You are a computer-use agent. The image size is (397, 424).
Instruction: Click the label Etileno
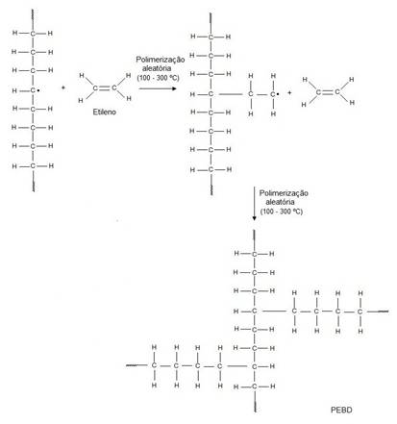click(104, 112)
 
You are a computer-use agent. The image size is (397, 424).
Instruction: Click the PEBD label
click(341, 410)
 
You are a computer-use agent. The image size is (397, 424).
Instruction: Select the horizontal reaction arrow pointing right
click(158, 88)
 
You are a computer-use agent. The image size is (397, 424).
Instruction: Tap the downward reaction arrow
click(254, 204)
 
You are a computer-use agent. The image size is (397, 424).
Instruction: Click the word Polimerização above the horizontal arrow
click(161, 60)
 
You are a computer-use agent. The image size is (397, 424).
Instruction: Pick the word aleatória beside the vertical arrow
click(280, 202)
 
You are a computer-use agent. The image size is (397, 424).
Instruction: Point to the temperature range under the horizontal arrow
click(158, 78)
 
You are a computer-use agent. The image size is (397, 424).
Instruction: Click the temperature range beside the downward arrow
click(282, 212)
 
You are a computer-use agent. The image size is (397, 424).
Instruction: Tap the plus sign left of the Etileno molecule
click(63, 87)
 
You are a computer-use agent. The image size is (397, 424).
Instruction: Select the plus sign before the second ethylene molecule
click(289, 92)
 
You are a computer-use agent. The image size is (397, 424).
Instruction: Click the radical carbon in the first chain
click(33, 90)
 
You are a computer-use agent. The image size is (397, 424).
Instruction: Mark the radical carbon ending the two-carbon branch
click(273, 94)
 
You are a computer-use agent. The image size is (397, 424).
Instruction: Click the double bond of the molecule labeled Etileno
click(105, 87)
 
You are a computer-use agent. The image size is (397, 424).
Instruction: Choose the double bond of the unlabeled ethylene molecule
click(328, 92)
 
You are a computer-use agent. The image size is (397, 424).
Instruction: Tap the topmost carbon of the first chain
click(33, 34)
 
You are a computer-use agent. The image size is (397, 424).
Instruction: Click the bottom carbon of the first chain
click(33, 166)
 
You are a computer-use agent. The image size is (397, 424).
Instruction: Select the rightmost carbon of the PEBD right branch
click(360, 312)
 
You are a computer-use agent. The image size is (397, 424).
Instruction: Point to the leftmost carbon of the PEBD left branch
click(154, 365)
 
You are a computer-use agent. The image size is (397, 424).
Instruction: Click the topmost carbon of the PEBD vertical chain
click(254, 254)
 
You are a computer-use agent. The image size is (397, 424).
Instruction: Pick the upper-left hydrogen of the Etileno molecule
click(82, 76)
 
